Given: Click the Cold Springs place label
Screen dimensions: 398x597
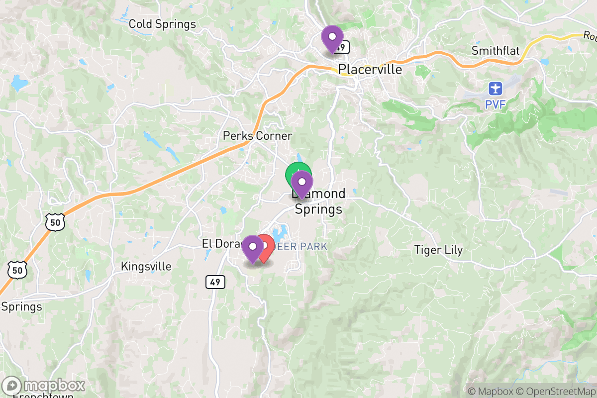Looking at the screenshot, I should [x=162, y=24].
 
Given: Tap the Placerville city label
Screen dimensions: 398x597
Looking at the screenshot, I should [x=370, y=69].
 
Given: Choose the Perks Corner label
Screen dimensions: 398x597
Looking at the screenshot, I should [x=257, y=136].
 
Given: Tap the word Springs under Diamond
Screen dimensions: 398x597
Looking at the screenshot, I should [x=318, y=209].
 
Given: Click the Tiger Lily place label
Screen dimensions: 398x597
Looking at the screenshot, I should [x=438, y=250].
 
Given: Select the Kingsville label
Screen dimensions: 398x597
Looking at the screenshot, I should [x=146, y=267].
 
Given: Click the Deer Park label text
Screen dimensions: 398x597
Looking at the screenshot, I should [x=303, y=246].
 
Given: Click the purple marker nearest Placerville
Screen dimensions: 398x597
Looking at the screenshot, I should [x=332, y=38].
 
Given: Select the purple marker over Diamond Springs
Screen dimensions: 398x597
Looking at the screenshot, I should [x=301, y=183].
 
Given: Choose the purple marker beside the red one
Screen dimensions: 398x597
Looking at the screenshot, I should [x=253, y=248].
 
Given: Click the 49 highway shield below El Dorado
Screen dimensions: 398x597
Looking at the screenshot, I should [x=215, y=282].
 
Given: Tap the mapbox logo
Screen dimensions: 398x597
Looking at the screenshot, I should [x=43, y=386].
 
